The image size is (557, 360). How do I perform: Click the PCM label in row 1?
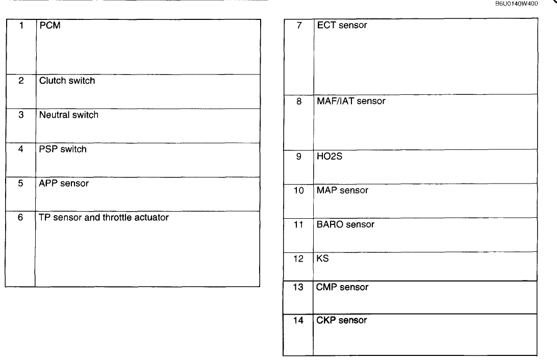click(50, 25)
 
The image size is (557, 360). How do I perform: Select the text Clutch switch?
click(67, 81)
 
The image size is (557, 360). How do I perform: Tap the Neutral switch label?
click(68, 115)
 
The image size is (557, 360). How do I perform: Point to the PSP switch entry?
click(63, 149)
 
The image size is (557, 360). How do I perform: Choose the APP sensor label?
click(64, 183)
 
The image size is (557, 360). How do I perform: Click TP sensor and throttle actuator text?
click(104, 217)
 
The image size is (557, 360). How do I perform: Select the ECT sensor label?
click(342, 25)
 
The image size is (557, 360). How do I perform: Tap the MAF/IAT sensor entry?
click(351, 101)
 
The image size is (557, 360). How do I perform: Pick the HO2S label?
click(330, 157)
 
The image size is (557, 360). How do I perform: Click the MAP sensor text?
click(342, 190)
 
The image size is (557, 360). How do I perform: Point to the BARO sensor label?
click(345, 224)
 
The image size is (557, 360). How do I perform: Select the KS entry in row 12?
click(323, 259)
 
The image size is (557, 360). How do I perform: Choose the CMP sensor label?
click(342, 287)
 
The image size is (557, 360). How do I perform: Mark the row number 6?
click(20, 217)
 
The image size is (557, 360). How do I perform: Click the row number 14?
click(298, 320)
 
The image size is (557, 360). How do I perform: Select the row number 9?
click(298, 157)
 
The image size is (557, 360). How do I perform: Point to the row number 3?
click(21, 115)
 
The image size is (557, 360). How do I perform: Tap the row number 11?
click(298, 224)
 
